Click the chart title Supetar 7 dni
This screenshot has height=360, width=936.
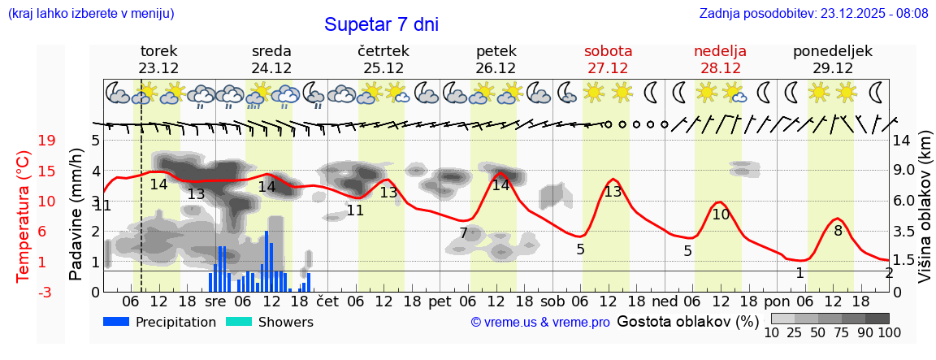pyautogui.click(x=381, y=24)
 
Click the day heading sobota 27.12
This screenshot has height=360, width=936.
pyautogui.click(x=608, y=59)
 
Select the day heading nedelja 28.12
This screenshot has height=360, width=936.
pyautogui.click(x=720, y=59)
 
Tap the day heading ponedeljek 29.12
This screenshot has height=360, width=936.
pyautogui.click(x=833, y=59)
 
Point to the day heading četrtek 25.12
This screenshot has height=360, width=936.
pyautogui.click(x=383, y=59)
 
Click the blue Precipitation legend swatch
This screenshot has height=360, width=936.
pyautogui.click(x=116, y=322)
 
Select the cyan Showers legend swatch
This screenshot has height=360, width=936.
pyautogui.click(x=239, y=322)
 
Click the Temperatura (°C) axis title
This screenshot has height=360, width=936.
pyautogui.click(x=24, y=215)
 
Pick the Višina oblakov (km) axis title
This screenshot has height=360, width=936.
pyautogui.click(x=925, y=215)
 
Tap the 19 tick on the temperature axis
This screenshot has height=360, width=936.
pyautogui.click(x=46, y=141)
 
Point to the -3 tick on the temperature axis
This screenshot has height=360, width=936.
pyautogui.click(x=45, y=292)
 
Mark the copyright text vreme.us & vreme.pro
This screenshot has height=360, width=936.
pyautogui.click(x=540, y=323)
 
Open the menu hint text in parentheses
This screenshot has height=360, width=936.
pyautogui.click(x=90, y=14)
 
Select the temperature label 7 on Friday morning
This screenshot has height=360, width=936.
pyautogui.click(x=463, y=233)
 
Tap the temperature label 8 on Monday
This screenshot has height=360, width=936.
pyautogui.click(x=838, y=230)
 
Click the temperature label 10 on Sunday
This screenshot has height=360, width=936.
pyautogui.click(x=721, y=215)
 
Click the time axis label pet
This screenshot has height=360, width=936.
pyautogui.click(x=440, y=301)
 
